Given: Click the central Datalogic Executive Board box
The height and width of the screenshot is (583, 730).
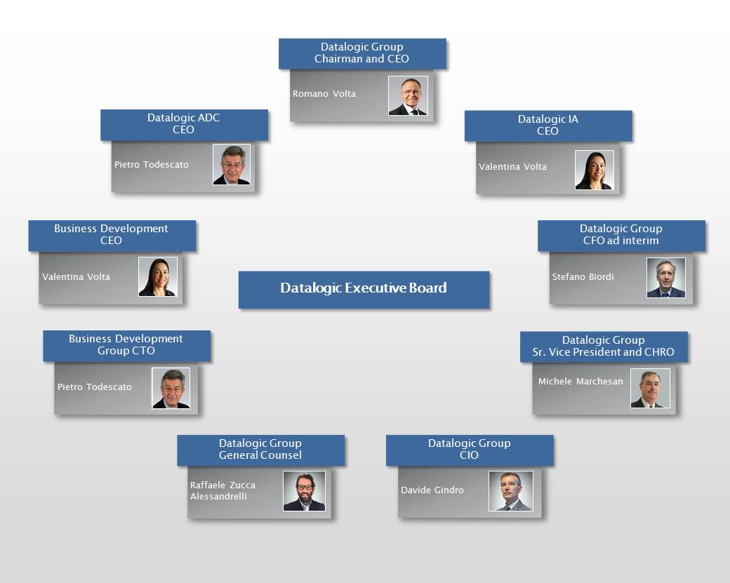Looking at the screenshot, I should pyautogui.click(x=364, y=289).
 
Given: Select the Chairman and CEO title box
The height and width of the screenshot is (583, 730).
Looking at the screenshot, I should pyautogui.click(x=362, y=53).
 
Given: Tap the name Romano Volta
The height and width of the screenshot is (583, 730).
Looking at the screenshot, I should pyautogui.click(x=324, y=94).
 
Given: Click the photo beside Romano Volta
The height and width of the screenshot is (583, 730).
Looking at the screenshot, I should pyautogui.click(x=408, y=96).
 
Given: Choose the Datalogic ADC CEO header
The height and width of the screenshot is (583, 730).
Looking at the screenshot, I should pyautogui.click(x=184, y=124).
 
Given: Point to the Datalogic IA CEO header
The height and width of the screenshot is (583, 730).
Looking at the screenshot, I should pyautogui.click(x=548, y=126).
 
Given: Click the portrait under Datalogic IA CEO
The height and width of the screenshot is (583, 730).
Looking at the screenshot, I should pyautogui.click(x=594, y=170).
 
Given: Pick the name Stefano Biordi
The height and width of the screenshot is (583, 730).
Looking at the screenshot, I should pyautogui.click(x=583, y=277).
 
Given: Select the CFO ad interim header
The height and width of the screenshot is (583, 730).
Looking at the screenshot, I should pyautogui.click(x=621, y=235).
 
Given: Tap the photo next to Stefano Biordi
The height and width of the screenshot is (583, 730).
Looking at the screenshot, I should pyautogui.click(x=665, y=278).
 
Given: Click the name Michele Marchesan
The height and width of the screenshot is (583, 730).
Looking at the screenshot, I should pyautogui.click(x=580, y=382).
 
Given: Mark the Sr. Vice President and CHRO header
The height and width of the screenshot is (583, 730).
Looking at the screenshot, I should pyautogui.click(x=604, y=347).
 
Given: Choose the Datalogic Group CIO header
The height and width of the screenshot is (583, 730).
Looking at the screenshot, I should pyautogui.click(x=470, y=450).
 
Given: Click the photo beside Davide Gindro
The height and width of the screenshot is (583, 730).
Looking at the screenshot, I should pyautogui.click(x=510, y=490).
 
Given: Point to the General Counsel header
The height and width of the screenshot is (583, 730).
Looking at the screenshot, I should pyautogui.click(x=260, y=450).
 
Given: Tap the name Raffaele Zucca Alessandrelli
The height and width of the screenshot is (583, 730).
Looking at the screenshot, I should pyautogui.click(x=223, y=491).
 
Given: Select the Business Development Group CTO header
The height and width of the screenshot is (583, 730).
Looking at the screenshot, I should pyautogui.click(x=126, y=345).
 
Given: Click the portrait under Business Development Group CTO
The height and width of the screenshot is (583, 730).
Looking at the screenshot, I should pyautogui.click(x=171, y=388).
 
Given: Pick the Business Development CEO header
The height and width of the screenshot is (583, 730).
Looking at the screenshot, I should pyautogui.click(x=112, y=235).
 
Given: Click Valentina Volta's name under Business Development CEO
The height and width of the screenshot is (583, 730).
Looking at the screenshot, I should pyautogui.click(x=76, y=277).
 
